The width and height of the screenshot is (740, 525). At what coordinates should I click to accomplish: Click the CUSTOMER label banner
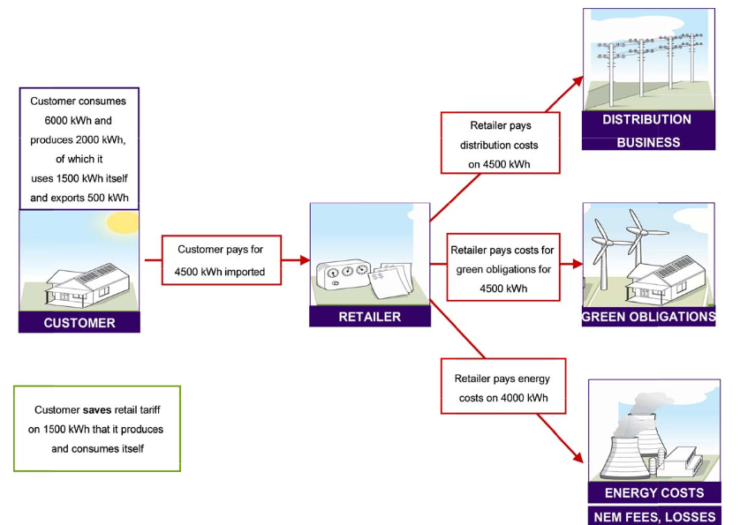(x=79, y=323)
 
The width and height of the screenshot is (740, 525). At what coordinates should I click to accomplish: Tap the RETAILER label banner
(x=370, y=317)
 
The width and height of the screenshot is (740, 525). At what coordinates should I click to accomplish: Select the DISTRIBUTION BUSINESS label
(x=648, y=131)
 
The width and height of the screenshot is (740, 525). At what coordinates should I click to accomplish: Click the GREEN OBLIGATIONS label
(x=648, y=317)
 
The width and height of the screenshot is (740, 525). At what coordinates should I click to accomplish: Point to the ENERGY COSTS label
(x=653, y=492)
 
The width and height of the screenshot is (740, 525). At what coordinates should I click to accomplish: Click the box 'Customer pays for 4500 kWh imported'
(x=221, y=260)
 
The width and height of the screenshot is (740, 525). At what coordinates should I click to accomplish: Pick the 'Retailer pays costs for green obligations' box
(x=504, y=263)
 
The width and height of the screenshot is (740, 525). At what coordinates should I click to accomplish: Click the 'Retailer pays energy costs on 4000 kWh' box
(x=502, y=388)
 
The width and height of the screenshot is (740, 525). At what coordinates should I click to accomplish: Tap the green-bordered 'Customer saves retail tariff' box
(x=98, y=429)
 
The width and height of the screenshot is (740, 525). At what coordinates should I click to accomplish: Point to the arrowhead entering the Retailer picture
(x=304, y=261)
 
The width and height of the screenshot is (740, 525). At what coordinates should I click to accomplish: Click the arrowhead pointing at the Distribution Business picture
(x=578, y=81)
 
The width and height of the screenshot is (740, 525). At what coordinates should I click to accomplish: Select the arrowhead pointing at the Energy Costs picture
(x=579, y=458)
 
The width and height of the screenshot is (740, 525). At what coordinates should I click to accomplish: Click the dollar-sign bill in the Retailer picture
(x=388, y=282)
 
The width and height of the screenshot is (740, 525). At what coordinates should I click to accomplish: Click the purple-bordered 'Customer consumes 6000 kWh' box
(x=79, y=148)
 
